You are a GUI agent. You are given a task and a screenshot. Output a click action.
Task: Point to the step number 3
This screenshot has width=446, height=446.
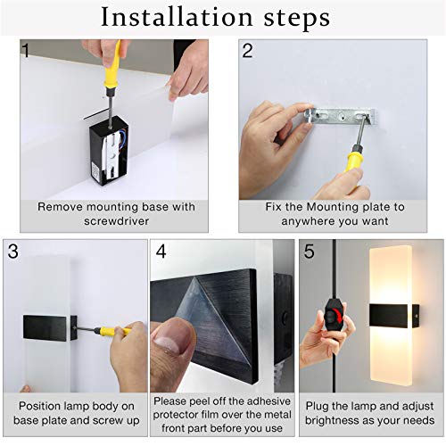[x=12, y=252]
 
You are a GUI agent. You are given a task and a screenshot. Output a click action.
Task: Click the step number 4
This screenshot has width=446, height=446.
[x=161, y=252]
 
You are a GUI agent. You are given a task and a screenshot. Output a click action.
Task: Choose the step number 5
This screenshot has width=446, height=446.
[x=309, y=252]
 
